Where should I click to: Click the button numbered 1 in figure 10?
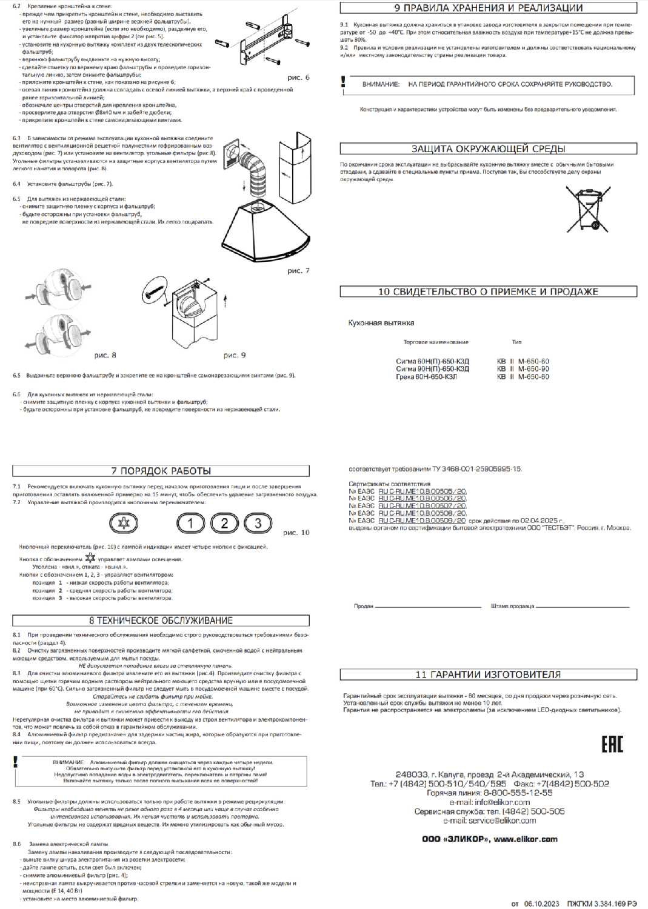pyautogui.click(x=190, y=523)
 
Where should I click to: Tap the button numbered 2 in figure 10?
pyautogui.click(x=224, y=523)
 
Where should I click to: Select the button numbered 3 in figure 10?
pyautogui.click(x=258, y=523)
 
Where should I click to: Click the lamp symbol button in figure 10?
pyautogui.click(x=123, y=523)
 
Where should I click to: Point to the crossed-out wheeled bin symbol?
pyautogui.click(x=587, y=208)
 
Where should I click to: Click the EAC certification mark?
pyautogui.click(x=612, y=745)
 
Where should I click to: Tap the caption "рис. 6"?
pyautogui.click(x=298, y=78)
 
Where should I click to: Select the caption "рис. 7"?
pyautogui.click(x=298, y=270)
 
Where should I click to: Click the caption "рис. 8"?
pyautogui.click(x=105, y=355)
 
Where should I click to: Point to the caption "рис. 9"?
pyautogui.click(x=235, y=355)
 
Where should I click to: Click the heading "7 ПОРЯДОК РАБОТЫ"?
pyautogui.click(x=161, y=471)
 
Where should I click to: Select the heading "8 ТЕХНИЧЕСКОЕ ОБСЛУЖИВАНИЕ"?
pyautogui.click(x=161, y=621)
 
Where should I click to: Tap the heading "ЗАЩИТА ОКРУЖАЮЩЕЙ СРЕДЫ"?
pyautogui.click(x=488, y=148)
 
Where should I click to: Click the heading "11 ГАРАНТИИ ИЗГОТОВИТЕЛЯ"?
pyautogui.click(x=488, y=674)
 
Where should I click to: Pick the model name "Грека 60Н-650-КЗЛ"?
pyautogui.click(x=426, y=377)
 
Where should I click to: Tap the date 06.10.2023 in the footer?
pyautogui.click(x=541, y=904)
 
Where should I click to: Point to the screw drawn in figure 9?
pyautogui.click(x=155, y=289)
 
